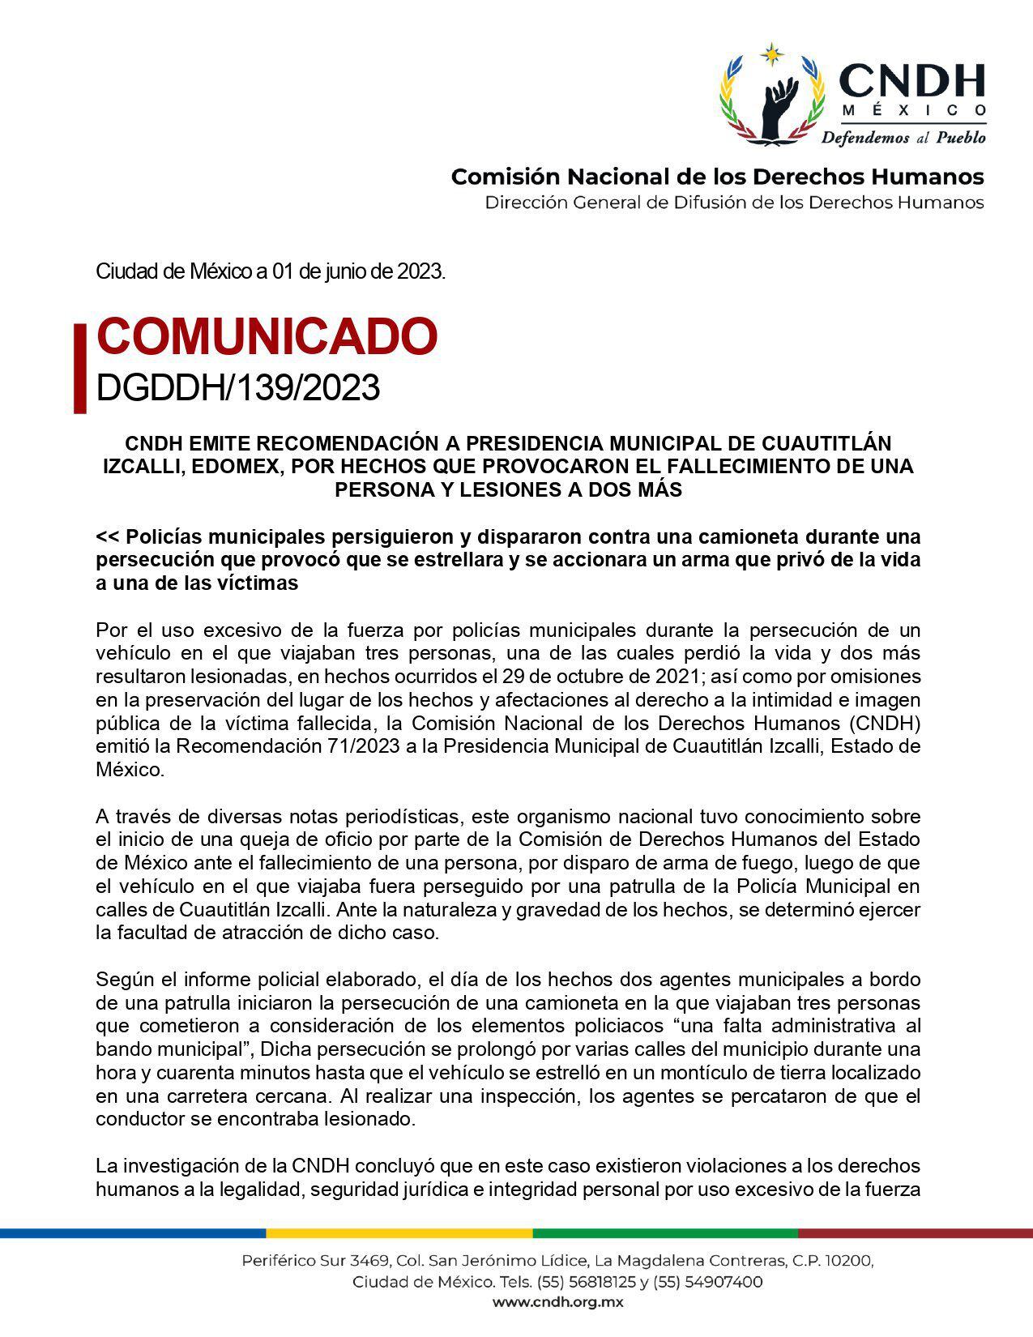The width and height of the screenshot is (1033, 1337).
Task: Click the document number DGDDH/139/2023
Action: pyautogui.click(x=237, y=388)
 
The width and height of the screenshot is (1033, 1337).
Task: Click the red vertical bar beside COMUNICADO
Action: pyautogui.click(x=79, y=369)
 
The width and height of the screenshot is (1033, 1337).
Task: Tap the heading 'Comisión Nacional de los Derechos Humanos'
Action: pyautogui.click(x=717, y=177)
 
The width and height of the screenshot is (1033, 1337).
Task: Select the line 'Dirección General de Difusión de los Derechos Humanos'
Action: pyautogui.click(x=734, y=202)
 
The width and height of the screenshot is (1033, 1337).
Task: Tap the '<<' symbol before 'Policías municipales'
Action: pyautogui.click(x=108, y=537)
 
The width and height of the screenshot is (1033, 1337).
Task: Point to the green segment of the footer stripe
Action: pyautogui.click(x=664, y=1233)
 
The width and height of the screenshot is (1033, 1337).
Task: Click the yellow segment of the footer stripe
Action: pyautogui.click(x=399, y=1233)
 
